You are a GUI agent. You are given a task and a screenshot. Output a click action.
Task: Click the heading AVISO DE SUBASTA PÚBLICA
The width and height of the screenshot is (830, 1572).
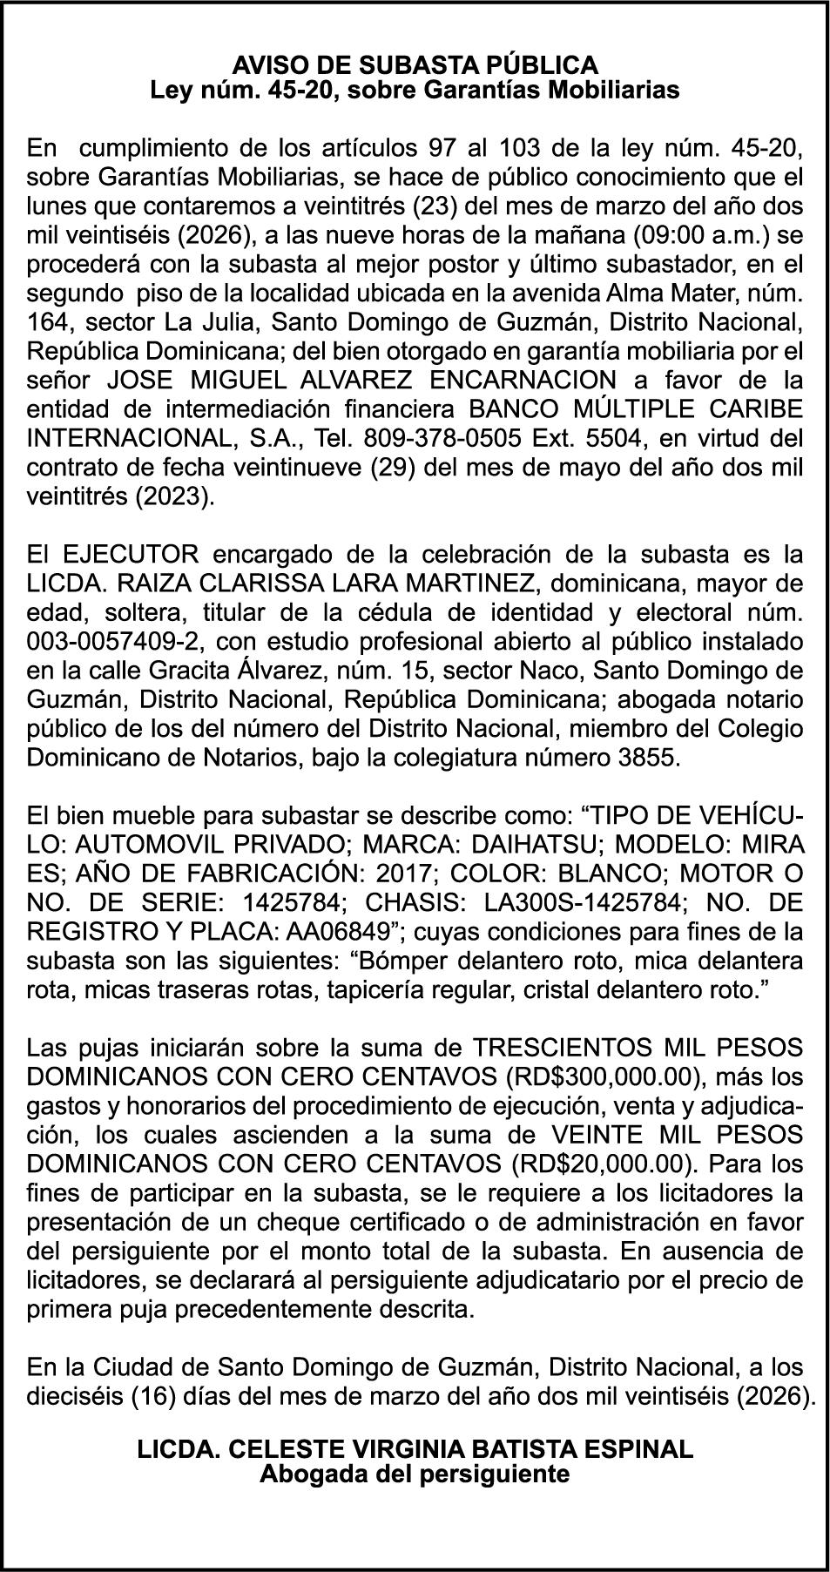[x=415, y=64]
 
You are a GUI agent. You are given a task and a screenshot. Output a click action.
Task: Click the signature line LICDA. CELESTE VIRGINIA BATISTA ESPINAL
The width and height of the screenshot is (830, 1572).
[x=415, y=1449]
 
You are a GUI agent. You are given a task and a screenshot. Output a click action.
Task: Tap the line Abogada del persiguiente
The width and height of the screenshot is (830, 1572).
[x=415, y=1474]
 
